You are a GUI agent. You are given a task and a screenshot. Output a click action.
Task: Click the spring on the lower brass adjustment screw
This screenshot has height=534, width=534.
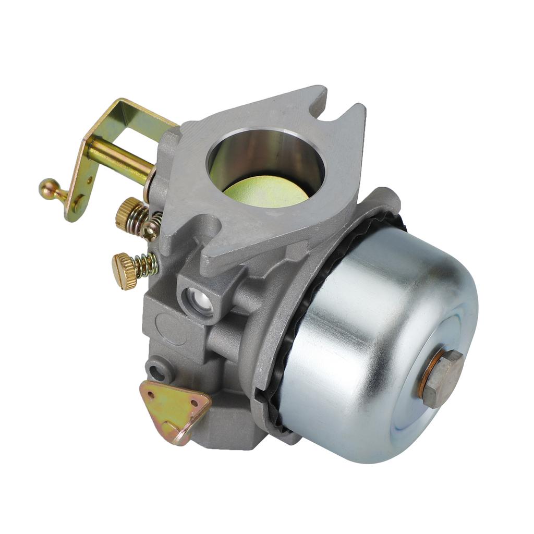tap(146, 265)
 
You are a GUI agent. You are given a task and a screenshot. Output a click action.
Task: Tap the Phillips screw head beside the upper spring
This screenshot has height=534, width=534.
tap(151, 228)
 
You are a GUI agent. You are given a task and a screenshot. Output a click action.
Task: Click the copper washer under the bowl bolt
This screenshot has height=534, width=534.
tap(423, 378)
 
